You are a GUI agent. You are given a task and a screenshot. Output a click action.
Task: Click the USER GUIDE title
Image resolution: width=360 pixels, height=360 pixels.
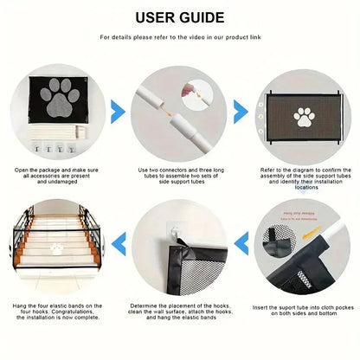tap(179, 16)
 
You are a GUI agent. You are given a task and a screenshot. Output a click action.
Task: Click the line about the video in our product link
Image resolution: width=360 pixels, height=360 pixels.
tap(179, 38)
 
